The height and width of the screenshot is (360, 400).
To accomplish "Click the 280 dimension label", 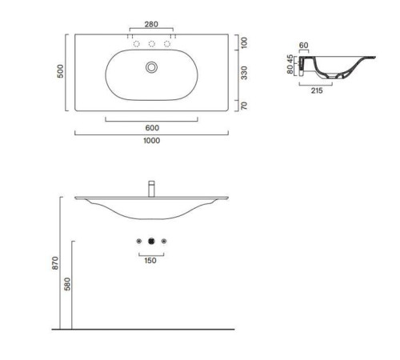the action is point(151,24).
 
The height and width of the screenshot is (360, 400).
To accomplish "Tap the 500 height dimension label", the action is point(61,71).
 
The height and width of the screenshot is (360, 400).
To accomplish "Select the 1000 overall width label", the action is point(152,141).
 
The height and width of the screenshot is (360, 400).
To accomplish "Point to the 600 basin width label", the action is point(152,128).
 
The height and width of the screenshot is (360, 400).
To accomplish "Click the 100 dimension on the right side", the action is point(244,42).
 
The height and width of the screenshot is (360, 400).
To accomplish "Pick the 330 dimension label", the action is point(244,73).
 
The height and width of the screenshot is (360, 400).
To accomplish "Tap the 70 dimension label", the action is point(244,106).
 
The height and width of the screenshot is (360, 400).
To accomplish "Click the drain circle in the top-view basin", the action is point(151,67).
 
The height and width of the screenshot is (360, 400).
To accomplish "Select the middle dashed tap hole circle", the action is point(152,43).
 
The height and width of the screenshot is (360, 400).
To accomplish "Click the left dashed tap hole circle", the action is point(137,43).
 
